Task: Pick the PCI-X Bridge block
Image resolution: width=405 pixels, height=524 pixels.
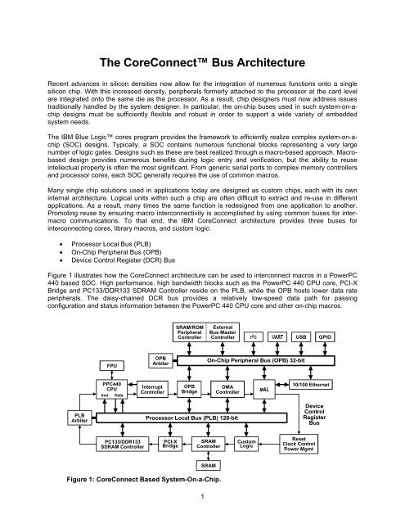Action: (171, 444)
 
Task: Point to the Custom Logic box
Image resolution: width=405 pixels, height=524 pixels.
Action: (246, 444)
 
